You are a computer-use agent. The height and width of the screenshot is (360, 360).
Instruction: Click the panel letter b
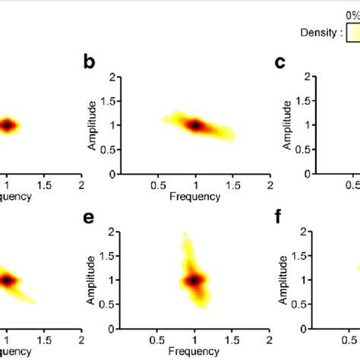[89, 64]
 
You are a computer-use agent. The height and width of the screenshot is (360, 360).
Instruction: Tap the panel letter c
[280, 63]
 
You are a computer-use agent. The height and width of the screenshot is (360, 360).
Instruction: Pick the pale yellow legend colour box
[353, 33]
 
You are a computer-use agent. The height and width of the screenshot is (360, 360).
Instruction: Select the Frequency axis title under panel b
[195, 197]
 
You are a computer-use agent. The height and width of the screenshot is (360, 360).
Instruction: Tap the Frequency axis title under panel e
[195, 352]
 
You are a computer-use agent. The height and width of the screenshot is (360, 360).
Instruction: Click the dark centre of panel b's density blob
[194, 125]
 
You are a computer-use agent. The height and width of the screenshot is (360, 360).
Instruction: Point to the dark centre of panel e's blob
[194, 280]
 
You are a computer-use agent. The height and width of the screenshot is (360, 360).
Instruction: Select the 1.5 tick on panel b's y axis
[112, 101]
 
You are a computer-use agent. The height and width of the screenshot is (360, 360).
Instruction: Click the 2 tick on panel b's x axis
[269, 185]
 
